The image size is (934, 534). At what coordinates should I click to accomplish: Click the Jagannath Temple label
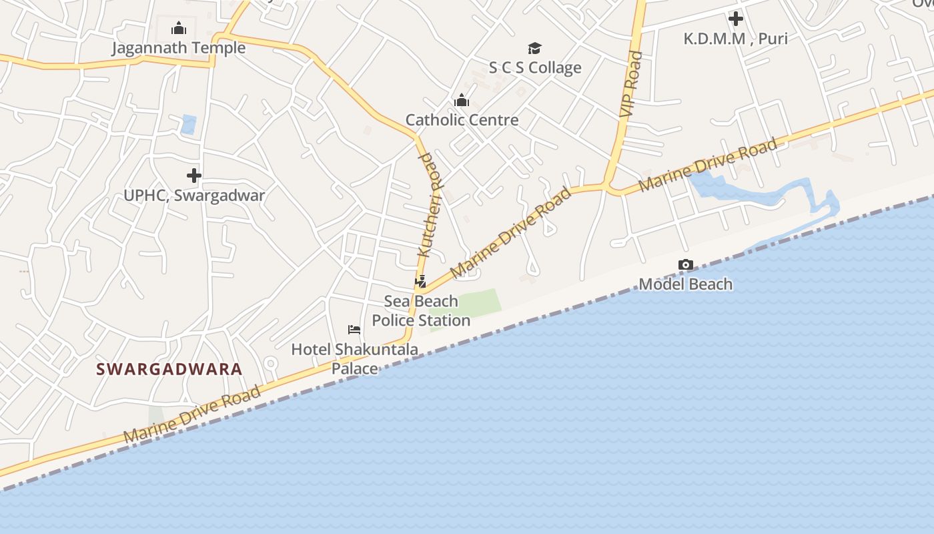(x=178, y=48)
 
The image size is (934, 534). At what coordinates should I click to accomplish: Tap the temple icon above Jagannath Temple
(x=179, y=28)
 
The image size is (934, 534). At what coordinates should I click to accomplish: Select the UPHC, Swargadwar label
(x=194, y=196)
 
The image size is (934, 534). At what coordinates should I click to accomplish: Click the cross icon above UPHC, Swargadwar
(x=194, y=176)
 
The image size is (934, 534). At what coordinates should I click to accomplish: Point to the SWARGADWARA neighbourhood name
(x=169, y=369)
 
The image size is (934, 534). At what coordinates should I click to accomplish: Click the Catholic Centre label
(x=462, y=120)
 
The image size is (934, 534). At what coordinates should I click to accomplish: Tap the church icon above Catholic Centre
(x=462, y=101)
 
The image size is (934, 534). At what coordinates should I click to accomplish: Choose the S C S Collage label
(x=535, y=67)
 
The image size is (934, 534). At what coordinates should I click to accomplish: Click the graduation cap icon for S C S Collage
(x=534, y=48)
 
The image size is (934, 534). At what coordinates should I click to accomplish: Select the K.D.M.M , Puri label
(x=735, y=39)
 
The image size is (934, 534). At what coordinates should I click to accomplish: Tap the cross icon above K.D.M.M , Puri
(x=736, y=19)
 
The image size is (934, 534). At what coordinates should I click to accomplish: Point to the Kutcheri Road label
(x=430, y=206)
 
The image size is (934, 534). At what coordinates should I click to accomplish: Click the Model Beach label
(x=685, y=284)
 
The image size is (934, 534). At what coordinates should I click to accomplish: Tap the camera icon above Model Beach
(x=685, y=265)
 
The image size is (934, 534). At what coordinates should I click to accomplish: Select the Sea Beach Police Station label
(x=421, y=311)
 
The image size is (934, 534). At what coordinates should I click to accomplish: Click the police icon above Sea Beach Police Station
(x=420, y=281)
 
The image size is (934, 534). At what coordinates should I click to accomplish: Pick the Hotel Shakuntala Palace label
(x=355, y=358)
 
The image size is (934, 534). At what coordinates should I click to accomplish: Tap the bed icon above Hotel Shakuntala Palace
(x=354, y=330)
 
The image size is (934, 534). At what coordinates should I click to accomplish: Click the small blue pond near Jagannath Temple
(x=188, y=124)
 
